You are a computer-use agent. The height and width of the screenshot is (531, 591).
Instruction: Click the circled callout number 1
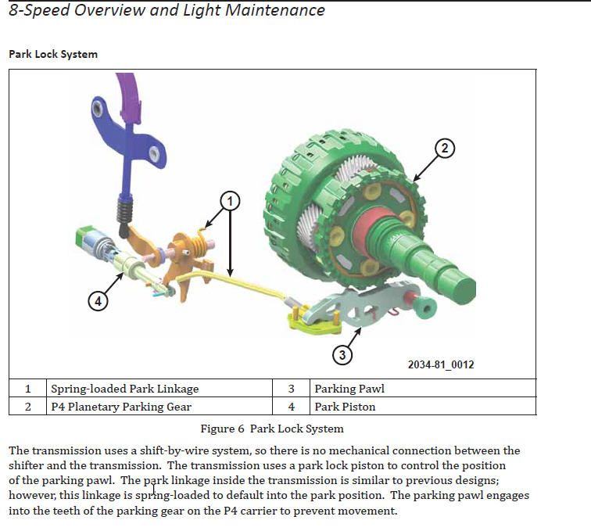229,201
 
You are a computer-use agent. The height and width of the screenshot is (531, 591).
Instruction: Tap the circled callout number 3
342,355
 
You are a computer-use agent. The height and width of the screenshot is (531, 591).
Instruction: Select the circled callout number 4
98,300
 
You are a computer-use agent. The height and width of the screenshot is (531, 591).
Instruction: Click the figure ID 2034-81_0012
441,364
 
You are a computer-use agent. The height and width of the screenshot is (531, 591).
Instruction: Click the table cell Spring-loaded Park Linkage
125,389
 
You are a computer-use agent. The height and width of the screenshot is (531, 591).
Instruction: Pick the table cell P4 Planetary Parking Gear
121,407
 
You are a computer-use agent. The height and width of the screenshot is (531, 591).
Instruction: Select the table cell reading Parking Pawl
349,389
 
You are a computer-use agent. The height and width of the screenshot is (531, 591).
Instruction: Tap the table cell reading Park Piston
345,407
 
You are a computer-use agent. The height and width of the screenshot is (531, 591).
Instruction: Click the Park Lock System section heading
53,54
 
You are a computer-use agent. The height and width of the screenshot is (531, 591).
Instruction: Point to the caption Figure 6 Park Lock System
272,429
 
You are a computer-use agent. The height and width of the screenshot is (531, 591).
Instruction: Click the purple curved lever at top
128,94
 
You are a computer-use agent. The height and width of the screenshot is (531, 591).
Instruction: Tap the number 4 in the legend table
291,407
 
